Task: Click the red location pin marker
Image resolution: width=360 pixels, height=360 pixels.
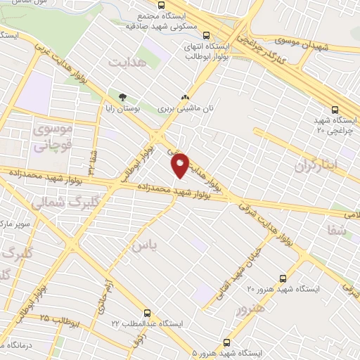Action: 181,163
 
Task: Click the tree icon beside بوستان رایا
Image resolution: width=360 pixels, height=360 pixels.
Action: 124,96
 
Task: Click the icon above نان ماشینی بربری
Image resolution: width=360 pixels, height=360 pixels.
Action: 186,98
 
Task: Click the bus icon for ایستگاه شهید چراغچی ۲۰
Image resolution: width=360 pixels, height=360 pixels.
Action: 334,109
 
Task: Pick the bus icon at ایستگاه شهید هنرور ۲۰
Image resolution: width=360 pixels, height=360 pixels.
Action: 282,278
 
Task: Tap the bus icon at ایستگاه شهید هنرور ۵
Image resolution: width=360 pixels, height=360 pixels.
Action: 225,340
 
